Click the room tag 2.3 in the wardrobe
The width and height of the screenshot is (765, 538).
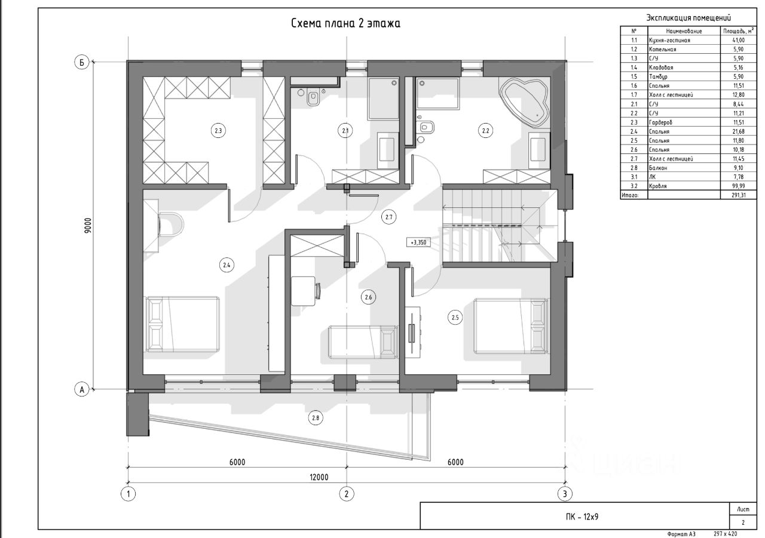tap(218, 130)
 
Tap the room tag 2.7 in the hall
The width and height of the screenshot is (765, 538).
tap(389, 217)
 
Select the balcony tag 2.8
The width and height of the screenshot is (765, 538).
tap(315, 417)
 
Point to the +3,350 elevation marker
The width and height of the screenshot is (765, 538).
tap(418, 242)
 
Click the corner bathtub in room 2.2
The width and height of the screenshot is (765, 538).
tap(524, 102)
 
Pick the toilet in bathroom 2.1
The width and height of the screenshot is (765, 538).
tap(313, 97)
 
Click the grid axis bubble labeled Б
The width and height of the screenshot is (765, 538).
tap(82, 63)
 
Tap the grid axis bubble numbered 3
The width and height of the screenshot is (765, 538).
tap(565, 493)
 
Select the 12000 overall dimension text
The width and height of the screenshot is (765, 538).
tap(319, 477)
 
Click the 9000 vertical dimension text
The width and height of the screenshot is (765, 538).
tap(88, 225)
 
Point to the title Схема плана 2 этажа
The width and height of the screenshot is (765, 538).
tap(345, 23)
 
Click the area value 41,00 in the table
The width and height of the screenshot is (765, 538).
tap(739, 40)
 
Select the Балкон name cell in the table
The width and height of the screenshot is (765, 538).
tap(658, 168)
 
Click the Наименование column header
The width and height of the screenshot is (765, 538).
tap(684, 31)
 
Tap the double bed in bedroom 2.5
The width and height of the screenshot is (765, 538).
tap(511, 326)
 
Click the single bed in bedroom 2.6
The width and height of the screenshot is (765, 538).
tap(363, 342)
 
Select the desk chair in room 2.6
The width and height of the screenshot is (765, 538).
tap(318, 291)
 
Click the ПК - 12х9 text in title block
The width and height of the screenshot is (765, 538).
tap(582, 517)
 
